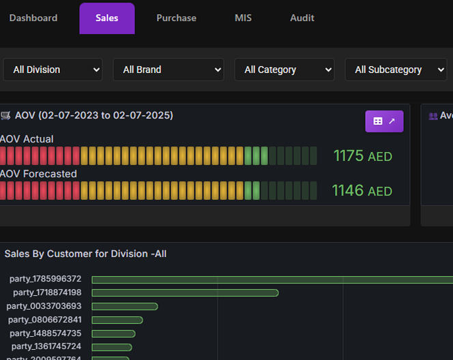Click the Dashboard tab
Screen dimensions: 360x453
click(33, 18)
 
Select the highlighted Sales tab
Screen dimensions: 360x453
click(107, 18)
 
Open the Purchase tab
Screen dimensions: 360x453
click(176, 18)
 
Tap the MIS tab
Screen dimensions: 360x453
click(243, 18)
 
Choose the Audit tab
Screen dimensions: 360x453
click(302, 18)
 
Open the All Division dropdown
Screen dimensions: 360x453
click(53, 70)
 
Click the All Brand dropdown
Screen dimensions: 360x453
click(169, 70)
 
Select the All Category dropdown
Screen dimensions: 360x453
click(284, 70)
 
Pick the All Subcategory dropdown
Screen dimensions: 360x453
click(396, 70)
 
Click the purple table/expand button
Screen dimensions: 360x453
click(384, 121)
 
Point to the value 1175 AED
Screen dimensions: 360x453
click(362, 156)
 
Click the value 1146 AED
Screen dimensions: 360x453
click(362, 191)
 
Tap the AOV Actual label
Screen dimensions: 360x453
click(27, 139)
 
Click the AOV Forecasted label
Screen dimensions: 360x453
click(39, 174)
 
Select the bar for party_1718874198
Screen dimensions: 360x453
click(185, 292)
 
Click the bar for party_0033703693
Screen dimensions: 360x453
click(125, 306)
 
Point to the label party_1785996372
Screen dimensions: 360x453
click(45, 279)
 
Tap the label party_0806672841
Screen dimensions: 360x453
click(44, 320)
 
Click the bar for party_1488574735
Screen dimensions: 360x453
click(113, 333)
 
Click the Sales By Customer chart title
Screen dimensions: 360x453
click(85, 254)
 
